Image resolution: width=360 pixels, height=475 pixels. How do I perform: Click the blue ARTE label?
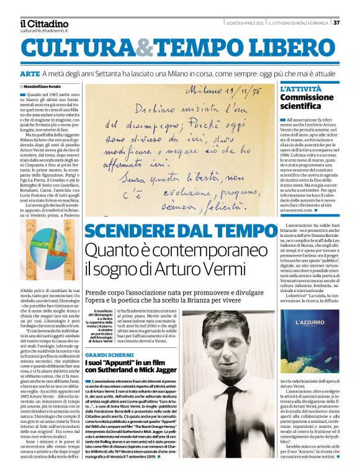click(x=32, y=74)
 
